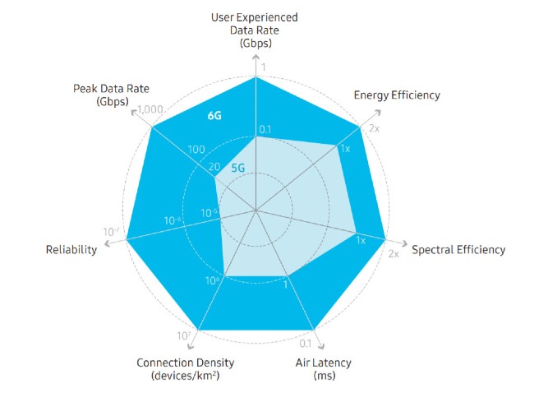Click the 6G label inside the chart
214,116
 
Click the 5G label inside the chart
238,168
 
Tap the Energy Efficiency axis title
397,95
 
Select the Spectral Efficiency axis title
458,250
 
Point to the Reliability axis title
71,249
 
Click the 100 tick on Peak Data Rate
196,150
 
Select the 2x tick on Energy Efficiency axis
374,129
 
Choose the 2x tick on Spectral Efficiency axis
393,254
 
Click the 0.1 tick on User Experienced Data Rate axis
265,129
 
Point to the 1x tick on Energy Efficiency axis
345,149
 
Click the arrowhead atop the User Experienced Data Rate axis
257,62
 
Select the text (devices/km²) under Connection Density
185,376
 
